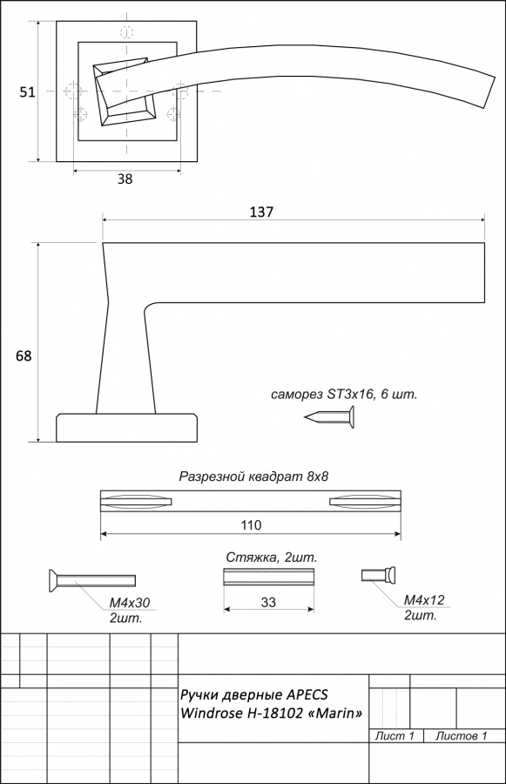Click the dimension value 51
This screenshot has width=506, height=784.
pyautogui.click(x=27, y=92)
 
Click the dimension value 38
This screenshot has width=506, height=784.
pyautogui.click(x=125, y=179)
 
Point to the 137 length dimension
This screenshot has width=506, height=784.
pyautogui.click(x=261, y=212)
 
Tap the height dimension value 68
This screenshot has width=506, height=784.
pyautogui.click(x=24, y=356)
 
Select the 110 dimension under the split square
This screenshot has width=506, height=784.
pyautogui.click(x=251, y=525)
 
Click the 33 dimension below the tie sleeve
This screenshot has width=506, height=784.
pyautogui.click(x=268, y=602)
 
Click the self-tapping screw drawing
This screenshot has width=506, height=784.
pyautogui.click(x=330, y=417)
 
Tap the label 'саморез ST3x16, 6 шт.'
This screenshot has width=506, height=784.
pyautogui.click(x=344, y=395)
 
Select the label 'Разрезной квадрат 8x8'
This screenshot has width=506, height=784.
pyautogui.click(x=254, y=476)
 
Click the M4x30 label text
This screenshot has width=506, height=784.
pyautogui.click(x=130, y=603)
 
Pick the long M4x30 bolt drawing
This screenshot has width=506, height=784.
pyautogui.click(x=92, y=580)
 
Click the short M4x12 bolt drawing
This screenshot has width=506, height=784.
pyautogui.click(x=379, y=575)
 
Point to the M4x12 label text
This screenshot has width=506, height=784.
pyautogui.click(x=424, y=600)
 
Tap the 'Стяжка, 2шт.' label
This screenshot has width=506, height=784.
pyautogui.click(x=272, y=558)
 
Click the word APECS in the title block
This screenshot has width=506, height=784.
pyautogui.click(x=307, y=695)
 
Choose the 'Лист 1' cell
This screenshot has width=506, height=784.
pyautogui.click(x=395, y=736)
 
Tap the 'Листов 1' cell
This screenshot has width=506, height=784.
pyautogui.click(x=461, y=736)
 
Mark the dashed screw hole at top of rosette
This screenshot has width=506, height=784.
pyautogui.click(x=127, y=32)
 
